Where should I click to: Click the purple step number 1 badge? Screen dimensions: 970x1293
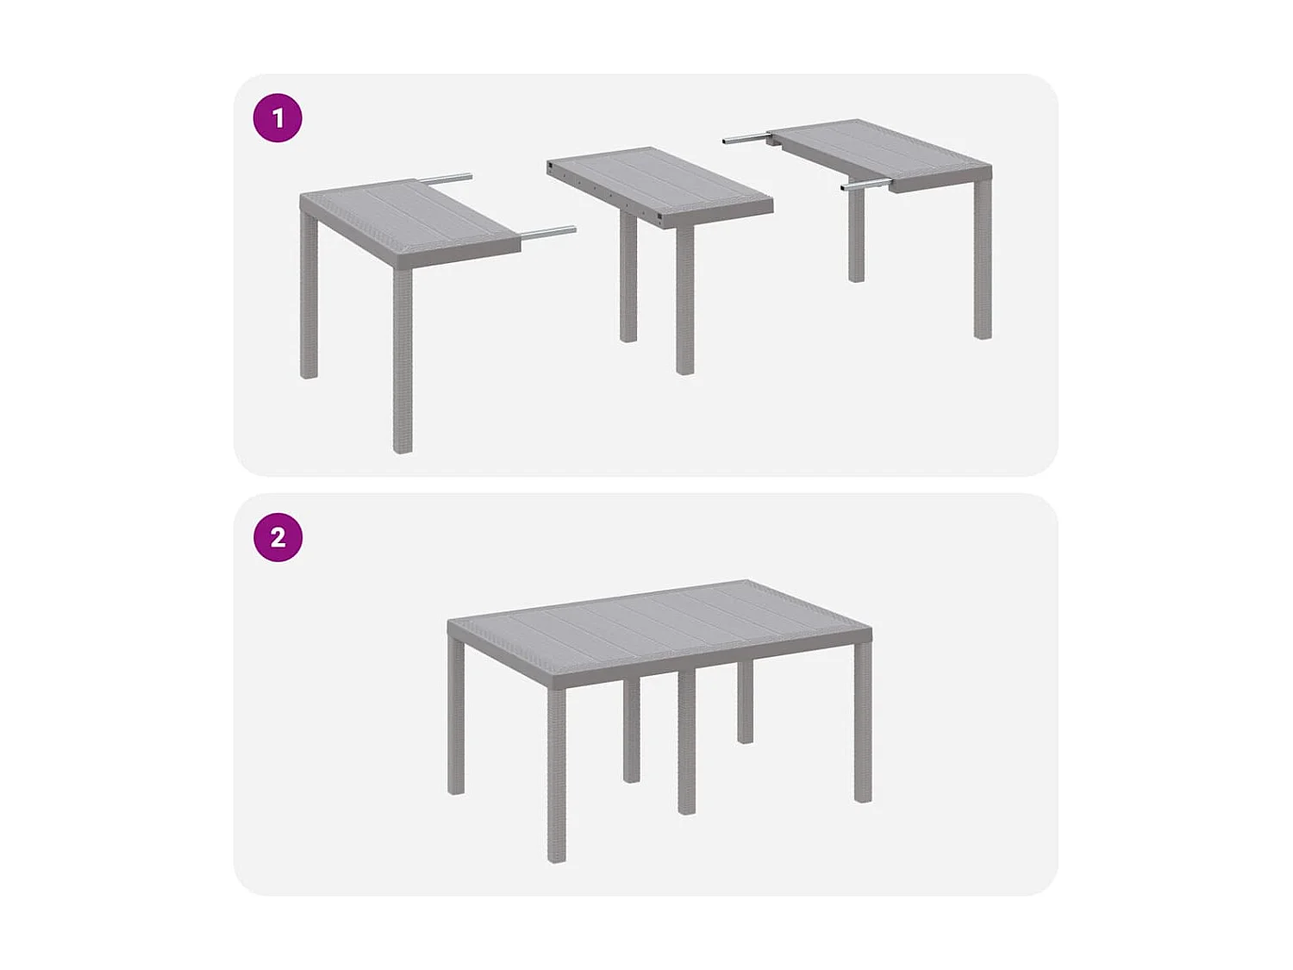[278, 118]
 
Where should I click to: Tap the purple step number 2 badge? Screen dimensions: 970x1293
[278, 537]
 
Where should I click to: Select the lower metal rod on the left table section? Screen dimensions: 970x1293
[548, 231]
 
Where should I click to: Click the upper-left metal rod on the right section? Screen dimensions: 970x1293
[746, 137]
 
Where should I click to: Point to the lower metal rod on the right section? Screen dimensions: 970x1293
[866, 185]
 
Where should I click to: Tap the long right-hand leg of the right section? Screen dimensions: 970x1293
[983, 259]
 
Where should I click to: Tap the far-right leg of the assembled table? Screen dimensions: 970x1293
[863, 724]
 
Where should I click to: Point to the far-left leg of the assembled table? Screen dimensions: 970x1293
[456, 716]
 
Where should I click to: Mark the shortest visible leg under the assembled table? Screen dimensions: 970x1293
[746, 703]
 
